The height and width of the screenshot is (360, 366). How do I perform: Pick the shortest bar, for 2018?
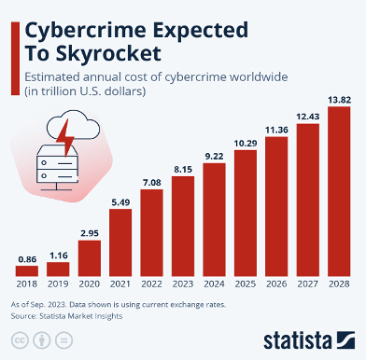tap(27, 270)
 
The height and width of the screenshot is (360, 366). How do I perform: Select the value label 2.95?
tap(89, 232)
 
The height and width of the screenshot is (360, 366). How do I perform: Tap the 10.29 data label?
tap(245, 142)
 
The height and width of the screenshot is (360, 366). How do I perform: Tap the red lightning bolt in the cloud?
tap(63, 142)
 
